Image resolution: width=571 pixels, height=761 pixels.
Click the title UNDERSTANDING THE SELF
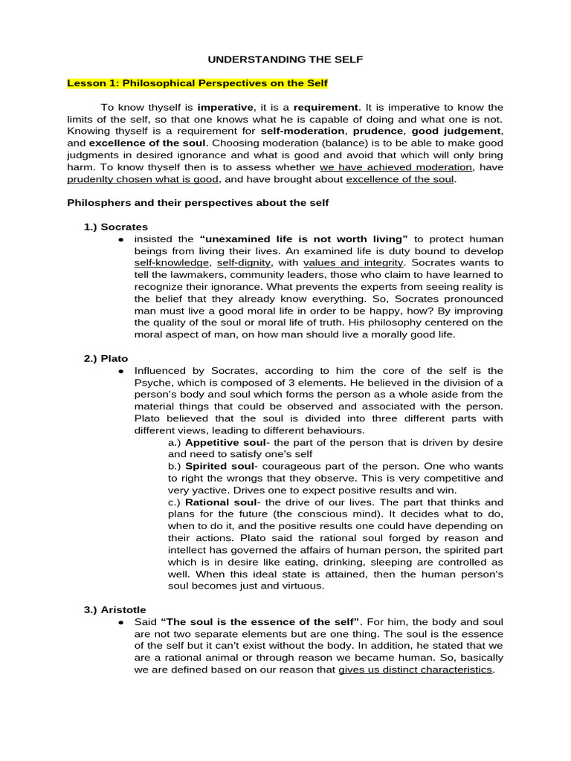click(x=285, y=59)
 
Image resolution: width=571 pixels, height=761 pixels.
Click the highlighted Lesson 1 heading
click(x=198, y=82)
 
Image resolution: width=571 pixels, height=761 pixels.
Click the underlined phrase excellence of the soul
click(x=401, y=179)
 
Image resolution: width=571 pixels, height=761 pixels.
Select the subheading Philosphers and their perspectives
click(x=198, y=202)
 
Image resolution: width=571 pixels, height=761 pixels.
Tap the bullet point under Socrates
click(x=120, y=239)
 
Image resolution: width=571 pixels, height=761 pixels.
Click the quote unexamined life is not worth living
click(x=304, y=239)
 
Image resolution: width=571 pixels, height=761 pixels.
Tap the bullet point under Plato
click(x=120, y=371)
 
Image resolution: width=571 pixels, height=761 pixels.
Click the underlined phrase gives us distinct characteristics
click(x=415, y=670)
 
